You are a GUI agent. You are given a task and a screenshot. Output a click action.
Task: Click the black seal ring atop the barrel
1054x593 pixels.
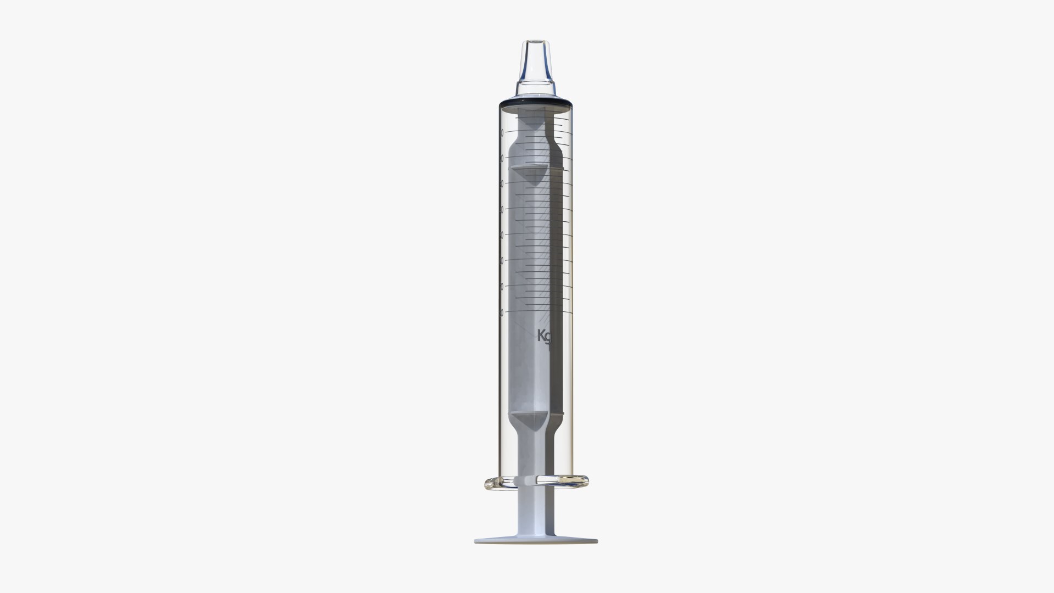coord(535,104)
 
